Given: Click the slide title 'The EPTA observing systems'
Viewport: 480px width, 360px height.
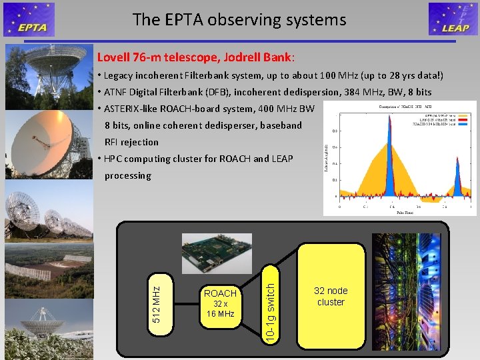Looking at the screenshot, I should (239, 20).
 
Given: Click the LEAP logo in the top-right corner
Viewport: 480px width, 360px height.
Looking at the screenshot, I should (453, 19).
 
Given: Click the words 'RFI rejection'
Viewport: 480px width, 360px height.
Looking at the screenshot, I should (131, 142).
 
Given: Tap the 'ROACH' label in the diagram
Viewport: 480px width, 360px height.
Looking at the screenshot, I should (220, 293).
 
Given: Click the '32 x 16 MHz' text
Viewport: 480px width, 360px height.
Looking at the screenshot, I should (220, 309).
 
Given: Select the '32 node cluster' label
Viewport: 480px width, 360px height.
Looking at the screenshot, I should (331, 297).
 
